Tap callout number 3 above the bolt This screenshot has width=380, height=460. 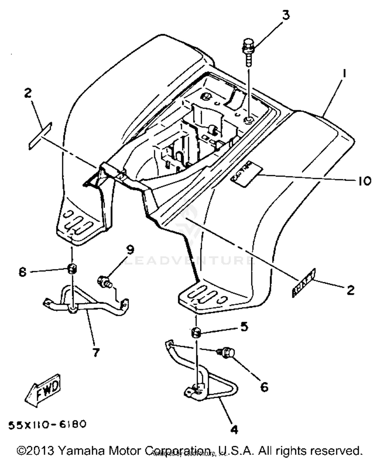286,15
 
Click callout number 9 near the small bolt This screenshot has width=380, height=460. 130,250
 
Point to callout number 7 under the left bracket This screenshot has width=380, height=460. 96,352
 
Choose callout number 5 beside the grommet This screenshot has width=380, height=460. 244,327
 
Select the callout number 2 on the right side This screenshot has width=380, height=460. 350,290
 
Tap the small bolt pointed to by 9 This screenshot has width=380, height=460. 104,282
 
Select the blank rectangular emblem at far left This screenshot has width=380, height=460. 40,136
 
